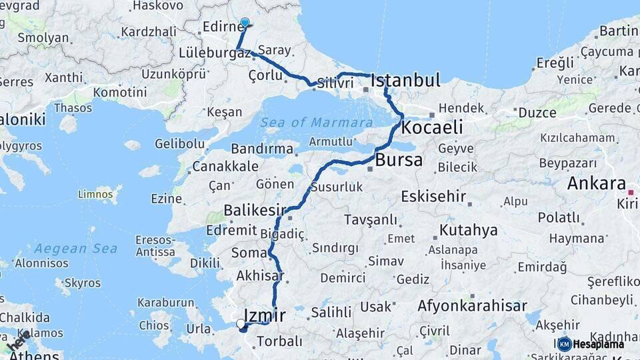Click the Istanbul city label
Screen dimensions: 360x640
pyautogui.click(x=405, y=81)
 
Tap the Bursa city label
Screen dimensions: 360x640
pyautogui.click(x=399, y=160)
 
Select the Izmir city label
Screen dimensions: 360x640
pyautogui.click(x=265, y=315)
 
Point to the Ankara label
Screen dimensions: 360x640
pyautogui.click(x=596, y=184)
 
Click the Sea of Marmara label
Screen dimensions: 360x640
pyautogui.click(x=316, y=123)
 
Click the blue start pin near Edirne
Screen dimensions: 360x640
pyautogui.click(x=245, y=23)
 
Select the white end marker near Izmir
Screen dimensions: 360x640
pyautogui.click(x=241, y=323)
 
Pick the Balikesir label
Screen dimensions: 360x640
pyautogui.click(x=255, y=211)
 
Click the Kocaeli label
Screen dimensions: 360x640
pyautogui.click(x=433, y=127)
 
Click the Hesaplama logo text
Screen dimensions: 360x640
pyautogui.click(x=599, y=344)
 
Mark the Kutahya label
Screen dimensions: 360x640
pyautogui.click(x=468, y=231)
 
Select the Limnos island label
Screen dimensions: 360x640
pyautogui.click(x=95, y=195)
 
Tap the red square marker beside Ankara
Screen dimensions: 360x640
pyautogui.click(x=630, y=192)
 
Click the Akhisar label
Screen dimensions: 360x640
pyautogui.click(x=260, y=275)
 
